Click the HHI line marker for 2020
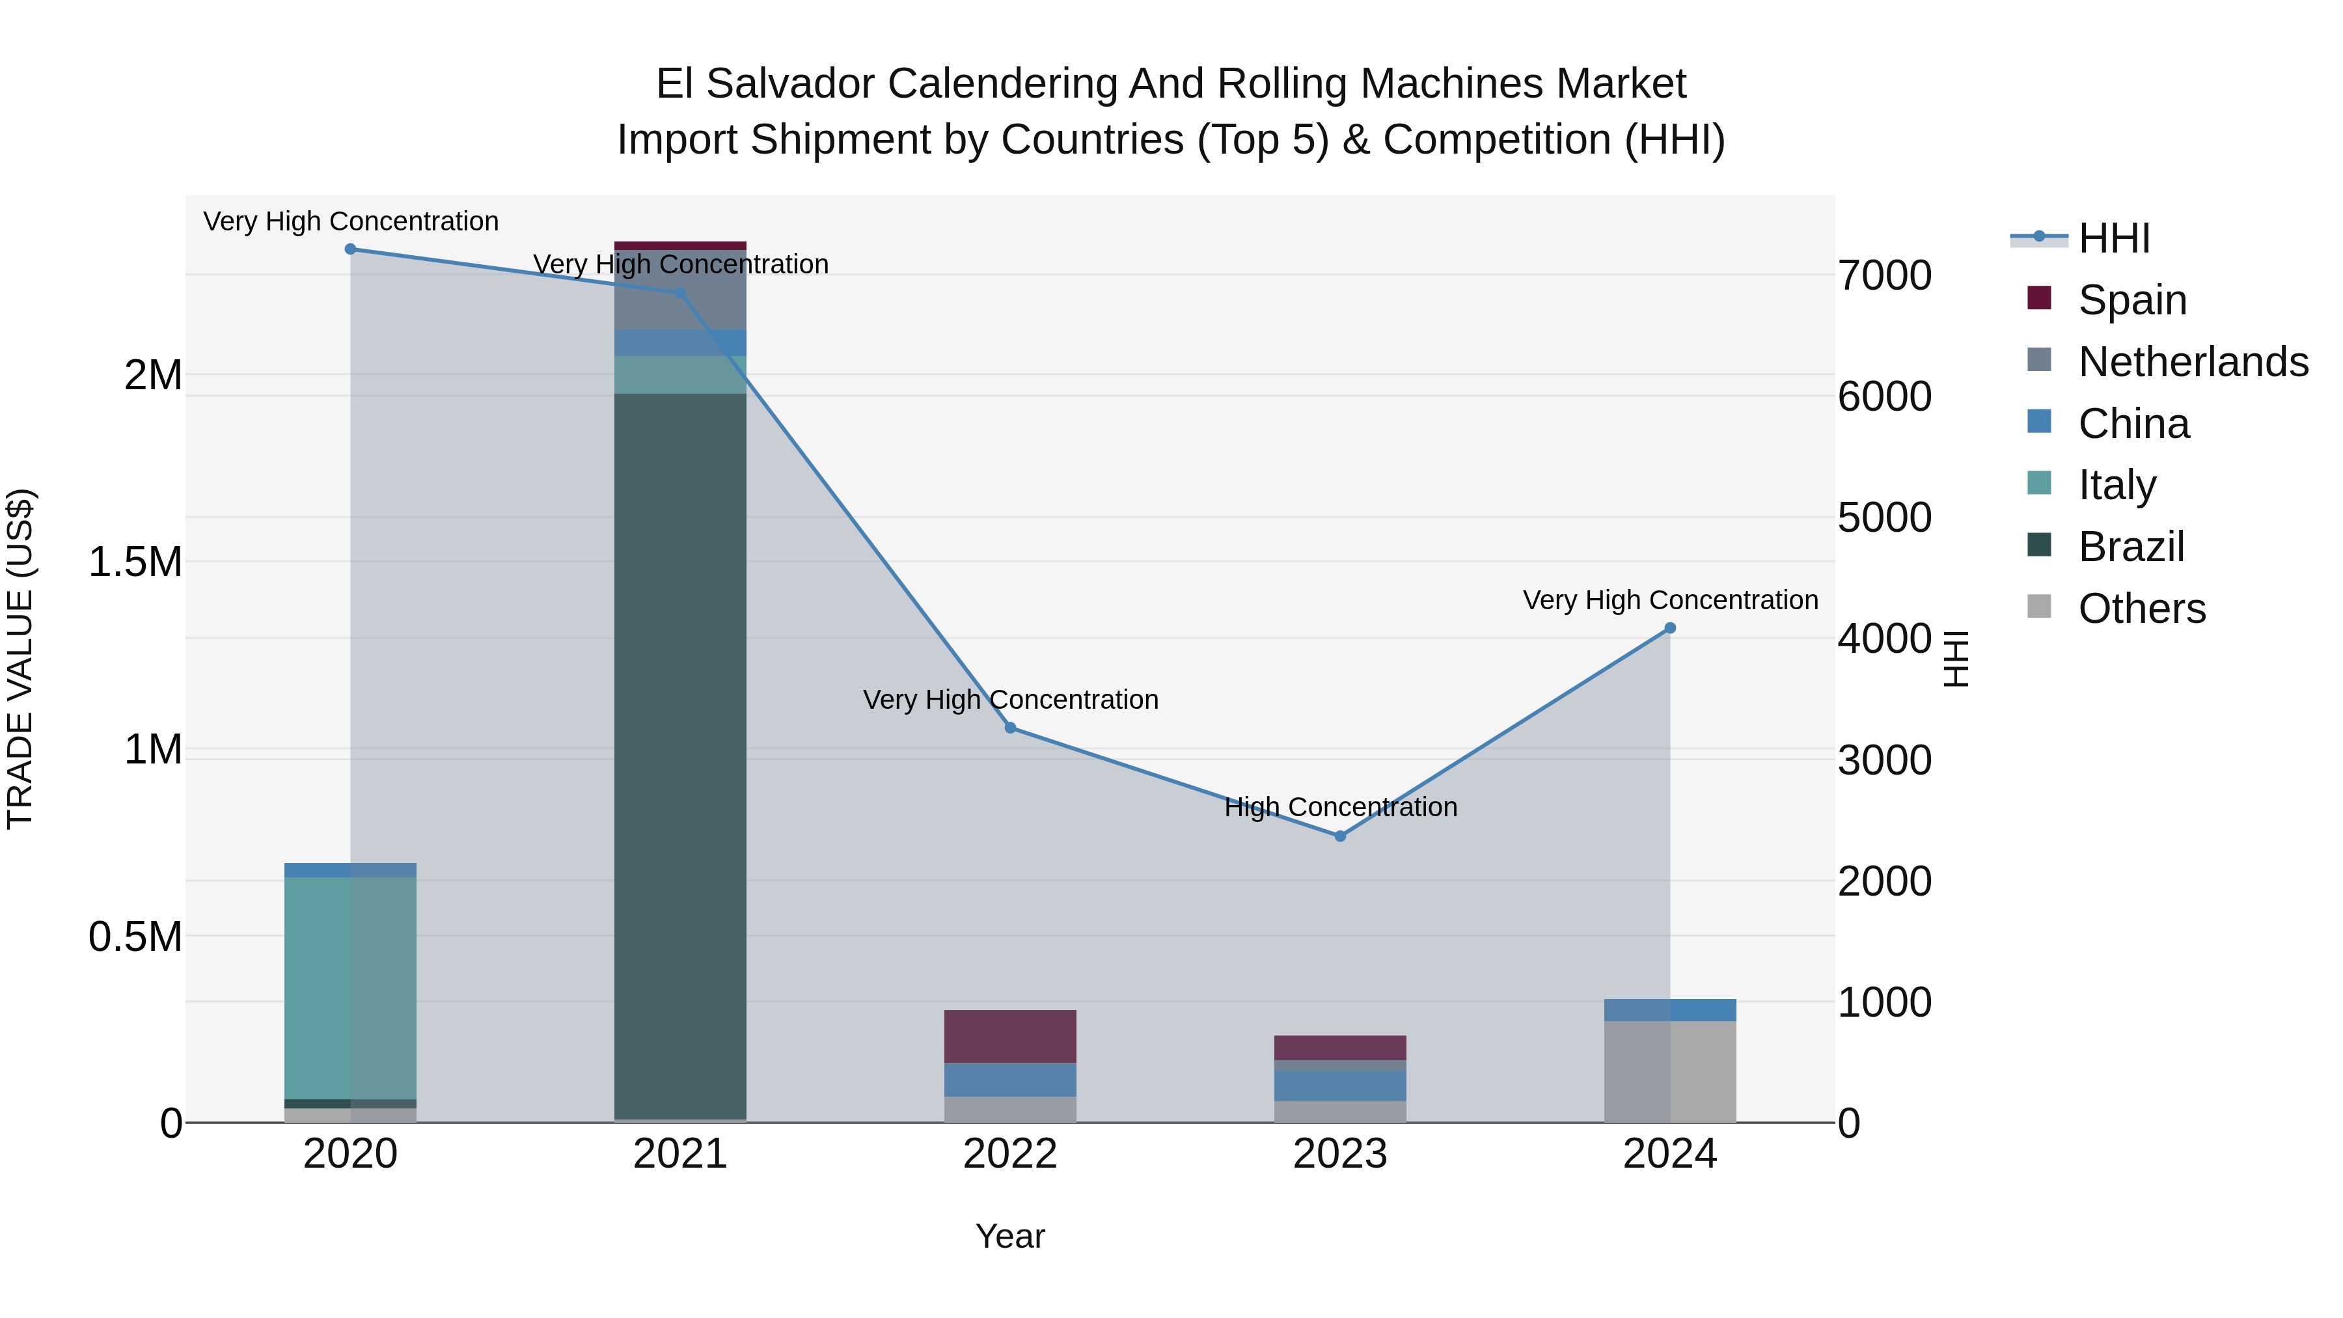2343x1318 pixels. coord(350,249)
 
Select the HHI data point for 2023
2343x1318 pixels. coord(1340,836)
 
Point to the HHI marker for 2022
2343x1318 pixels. coord(1009,728)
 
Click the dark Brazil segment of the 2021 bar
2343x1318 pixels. coord(680,755)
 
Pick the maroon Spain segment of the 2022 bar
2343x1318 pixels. coord(1009,1036)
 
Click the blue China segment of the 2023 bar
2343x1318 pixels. coord(1340,1085)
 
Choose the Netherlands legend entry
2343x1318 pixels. coord(2192,362)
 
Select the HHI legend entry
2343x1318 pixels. coord(2114,238)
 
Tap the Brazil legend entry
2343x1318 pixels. coord(2130,547)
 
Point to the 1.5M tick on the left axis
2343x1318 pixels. coord(135,562)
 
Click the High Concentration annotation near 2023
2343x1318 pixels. coord(1340,807)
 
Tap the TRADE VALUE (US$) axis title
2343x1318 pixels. coord(21,659)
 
